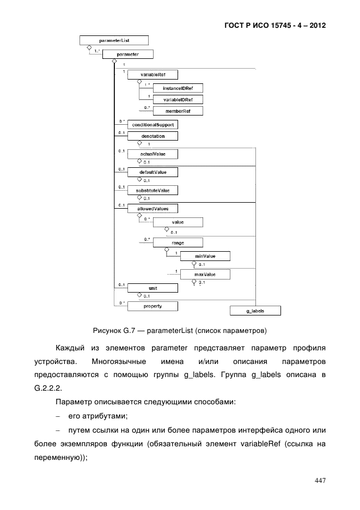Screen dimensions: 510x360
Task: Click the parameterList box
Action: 113,40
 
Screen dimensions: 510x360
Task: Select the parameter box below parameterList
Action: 127,54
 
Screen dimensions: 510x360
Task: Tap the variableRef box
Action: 152,75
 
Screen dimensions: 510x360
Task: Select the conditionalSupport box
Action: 153,125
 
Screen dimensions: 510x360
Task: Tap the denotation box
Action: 153,136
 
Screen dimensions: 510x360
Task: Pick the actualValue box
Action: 153,154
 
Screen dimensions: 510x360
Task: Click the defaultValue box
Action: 153,172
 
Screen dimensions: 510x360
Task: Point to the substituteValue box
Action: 153,190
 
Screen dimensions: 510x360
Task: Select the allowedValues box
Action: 153,208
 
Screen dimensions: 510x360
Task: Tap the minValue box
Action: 205,256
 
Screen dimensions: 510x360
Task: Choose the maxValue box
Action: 205,274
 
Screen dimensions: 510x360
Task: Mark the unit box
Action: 152,288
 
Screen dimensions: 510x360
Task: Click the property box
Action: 152,306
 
